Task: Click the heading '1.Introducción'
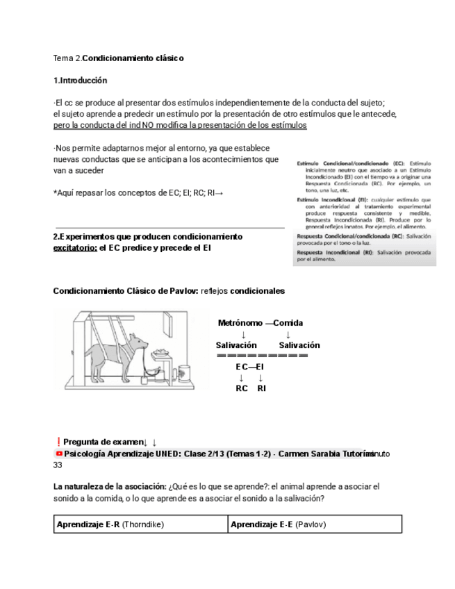click(81, 81)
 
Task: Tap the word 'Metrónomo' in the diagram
click(240, 324)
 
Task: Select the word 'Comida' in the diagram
click(288, 324)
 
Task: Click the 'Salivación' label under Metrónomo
click(236, 345)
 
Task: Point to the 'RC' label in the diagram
click(242, 388)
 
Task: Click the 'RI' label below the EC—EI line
click(262, 388)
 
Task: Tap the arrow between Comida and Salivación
click(288, 335)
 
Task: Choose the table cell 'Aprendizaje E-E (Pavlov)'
click(315, 524)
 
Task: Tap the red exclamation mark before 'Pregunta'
click(57, 442)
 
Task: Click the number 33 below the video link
click(58, 465)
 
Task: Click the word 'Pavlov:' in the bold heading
click(183, 290)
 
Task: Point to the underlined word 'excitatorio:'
click(75, 248)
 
